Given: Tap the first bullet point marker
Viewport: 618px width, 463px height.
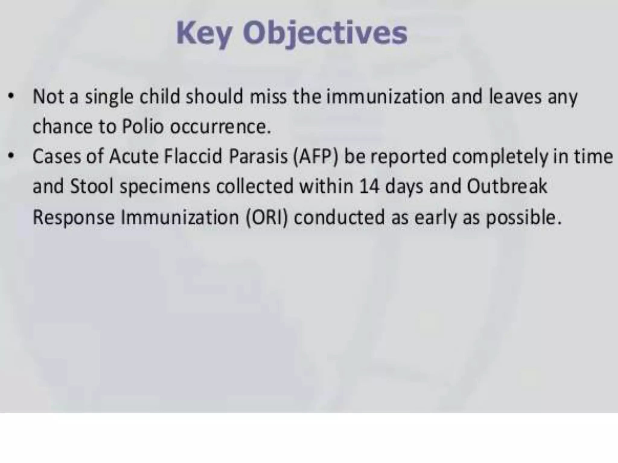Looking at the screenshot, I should (11, 97).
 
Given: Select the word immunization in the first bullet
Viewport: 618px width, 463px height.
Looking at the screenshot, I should (386, 97).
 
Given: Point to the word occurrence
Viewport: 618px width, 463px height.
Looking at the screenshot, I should (220, 127).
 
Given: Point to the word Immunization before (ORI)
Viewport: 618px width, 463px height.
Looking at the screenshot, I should (180, 217).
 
